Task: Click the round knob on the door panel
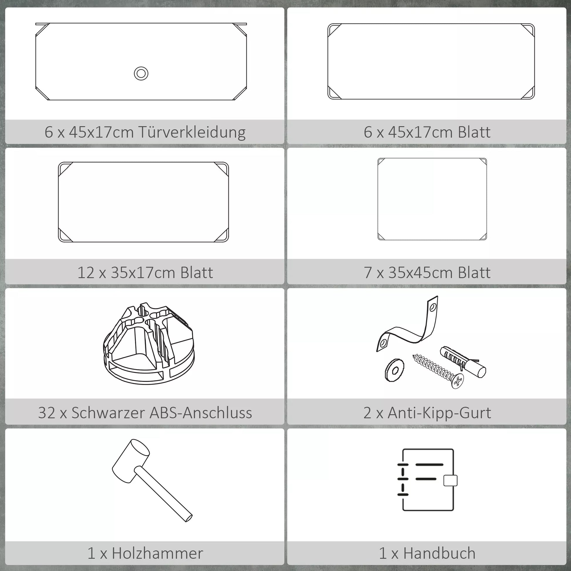(141, 74)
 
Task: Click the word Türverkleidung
(192, 132)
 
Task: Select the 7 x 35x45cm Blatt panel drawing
(432, 199)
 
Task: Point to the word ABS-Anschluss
(201, 413)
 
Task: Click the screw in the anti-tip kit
(438, 371)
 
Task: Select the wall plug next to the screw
(463, 362)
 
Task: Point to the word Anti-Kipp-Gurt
(439, 413)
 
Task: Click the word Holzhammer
(158, 553)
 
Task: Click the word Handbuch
(440, 553)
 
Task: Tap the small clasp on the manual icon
(450, 480)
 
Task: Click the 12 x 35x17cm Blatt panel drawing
(143, 202)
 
